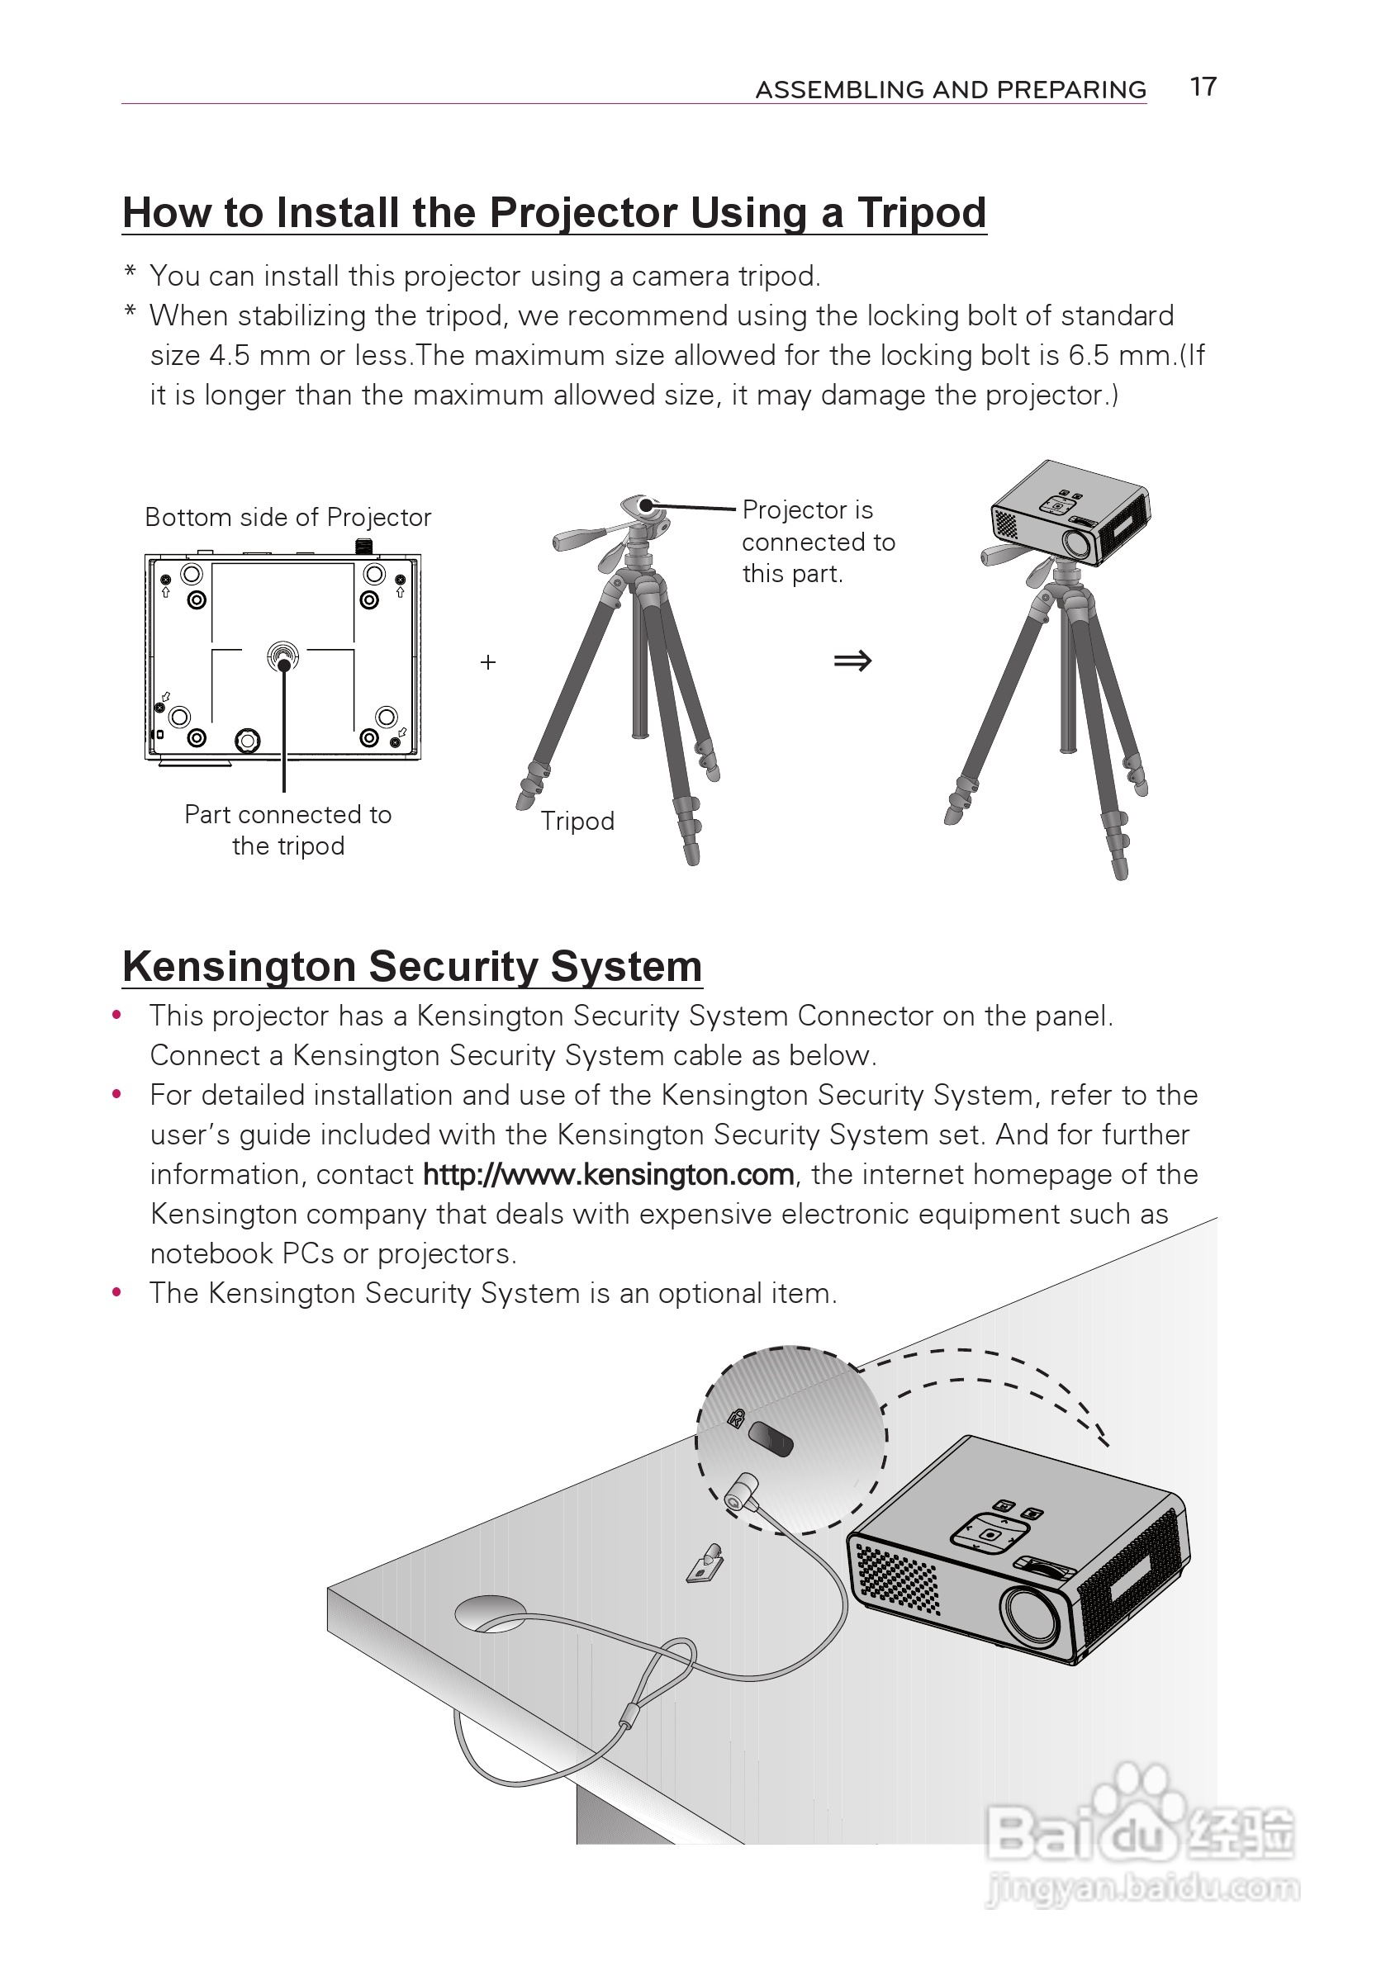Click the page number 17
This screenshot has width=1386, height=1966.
point(1203,87)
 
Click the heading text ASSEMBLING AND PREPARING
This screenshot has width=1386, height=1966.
point(950,89)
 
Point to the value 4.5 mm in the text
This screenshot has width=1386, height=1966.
point(259,354)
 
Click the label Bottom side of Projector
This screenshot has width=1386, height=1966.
point(287,517)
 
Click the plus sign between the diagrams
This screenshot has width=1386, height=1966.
point(488,662)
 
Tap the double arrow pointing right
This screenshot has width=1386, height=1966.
point(852,661)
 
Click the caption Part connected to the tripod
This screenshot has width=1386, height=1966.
point(287,830)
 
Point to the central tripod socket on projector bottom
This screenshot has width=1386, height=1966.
point(282,657)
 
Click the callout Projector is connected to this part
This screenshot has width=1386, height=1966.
point(817,541)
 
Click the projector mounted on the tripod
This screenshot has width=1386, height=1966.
point(1070,513)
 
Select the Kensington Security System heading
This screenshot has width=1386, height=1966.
point(412,966)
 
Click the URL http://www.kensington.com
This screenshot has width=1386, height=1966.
point(608,1174)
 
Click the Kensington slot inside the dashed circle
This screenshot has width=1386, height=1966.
point(770,1438)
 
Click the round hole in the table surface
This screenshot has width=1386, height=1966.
point(490,1612)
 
